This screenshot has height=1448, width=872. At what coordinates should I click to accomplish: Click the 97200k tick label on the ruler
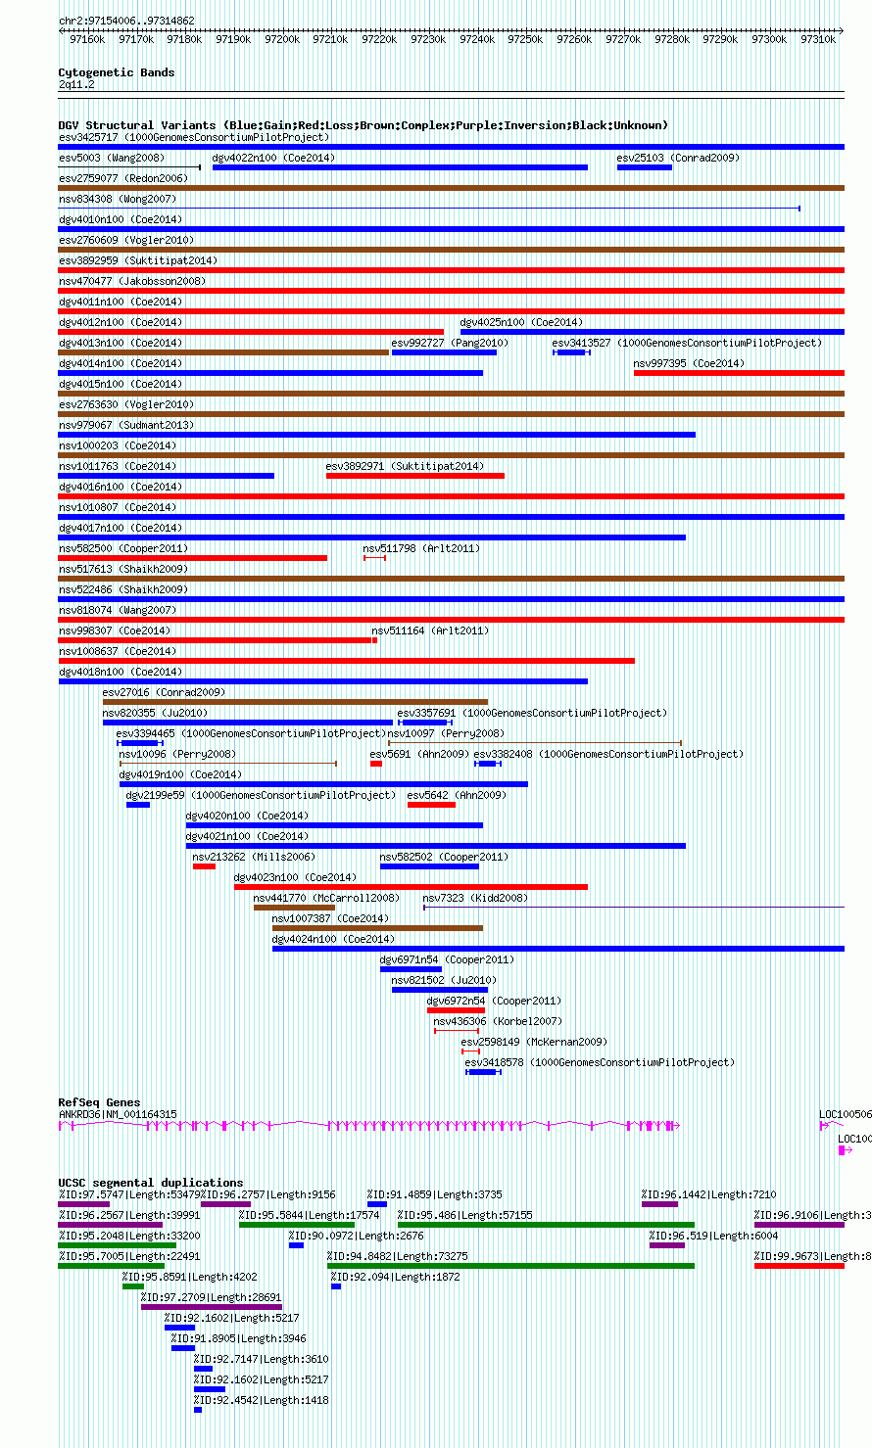coord(282,39)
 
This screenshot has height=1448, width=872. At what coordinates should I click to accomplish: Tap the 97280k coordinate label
coord(672,39)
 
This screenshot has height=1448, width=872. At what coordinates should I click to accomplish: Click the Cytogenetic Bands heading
coord(116,72)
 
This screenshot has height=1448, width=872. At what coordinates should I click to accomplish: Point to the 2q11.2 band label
coord(76,84)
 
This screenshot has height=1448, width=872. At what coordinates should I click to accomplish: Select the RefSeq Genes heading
coord(99,1102)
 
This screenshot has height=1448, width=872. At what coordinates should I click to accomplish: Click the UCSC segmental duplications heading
coord(150,1183)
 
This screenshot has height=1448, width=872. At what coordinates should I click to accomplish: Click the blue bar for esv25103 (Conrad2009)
coord(644,167)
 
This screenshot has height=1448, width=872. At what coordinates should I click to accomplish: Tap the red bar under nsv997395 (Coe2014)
coord(739,373)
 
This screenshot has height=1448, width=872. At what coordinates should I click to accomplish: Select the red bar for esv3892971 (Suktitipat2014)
coord(414,476)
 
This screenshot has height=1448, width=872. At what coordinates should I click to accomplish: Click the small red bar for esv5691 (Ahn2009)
coord(375,764)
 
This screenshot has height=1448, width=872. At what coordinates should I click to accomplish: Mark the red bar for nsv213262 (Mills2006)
coord(204,866)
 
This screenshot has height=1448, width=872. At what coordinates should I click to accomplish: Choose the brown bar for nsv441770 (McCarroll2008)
coord(280,908)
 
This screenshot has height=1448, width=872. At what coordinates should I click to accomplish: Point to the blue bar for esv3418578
coord(482,1072)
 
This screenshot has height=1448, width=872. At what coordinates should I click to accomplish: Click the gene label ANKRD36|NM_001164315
coord(118,1114)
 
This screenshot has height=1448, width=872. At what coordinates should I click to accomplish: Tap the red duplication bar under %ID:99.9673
coord(799,1266)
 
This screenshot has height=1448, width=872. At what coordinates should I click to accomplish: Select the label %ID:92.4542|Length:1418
coord(261,1400)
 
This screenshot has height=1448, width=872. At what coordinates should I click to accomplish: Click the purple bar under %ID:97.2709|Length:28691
coord(211,1307)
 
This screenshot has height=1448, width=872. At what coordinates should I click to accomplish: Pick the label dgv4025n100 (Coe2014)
coord(520,322)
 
